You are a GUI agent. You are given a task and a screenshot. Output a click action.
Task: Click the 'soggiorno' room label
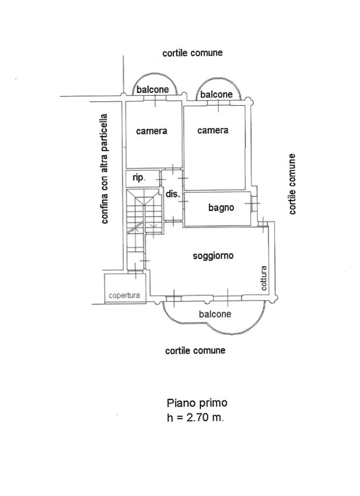click(213, 256)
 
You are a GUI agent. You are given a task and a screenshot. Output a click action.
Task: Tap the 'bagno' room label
click(221, 208)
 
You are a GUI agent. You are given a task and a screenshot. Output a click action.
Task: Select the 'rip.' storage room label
click(139, 178)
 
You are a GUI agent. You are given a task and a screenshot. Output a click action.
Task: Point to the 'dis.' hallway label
click(172, 194)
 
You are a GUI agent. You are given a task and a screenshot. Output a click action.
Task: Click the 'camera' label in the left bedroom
click(152, 131)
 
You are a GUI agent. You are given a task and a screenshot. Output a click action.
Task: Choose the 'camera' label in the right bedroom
click(213, 130)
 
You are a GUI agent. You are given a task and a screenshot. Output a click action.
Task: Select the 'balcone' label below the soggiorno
click(215, 314)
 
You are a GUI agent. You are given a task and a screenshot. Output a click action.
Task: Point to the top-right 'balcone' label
click(216, 94)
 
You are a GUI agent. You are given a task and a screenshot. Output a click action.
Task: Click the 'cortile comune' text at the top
click(193, 53)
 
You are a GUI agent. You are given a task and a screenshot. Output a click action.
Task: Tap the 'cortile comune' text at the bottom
click(195, 351)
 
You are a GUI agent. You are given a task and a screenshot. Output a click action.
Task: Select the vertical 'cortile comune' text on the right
click(292, 184)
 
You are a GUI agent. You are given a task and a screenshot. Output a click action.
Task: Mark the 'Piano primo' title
click(197, 403)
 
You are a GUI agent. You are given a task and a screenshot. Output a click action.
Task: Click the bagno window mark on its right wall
click(252, 204)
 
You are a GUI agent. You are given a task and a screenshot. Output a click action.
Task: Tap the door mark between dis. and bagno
click(184, 202)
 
